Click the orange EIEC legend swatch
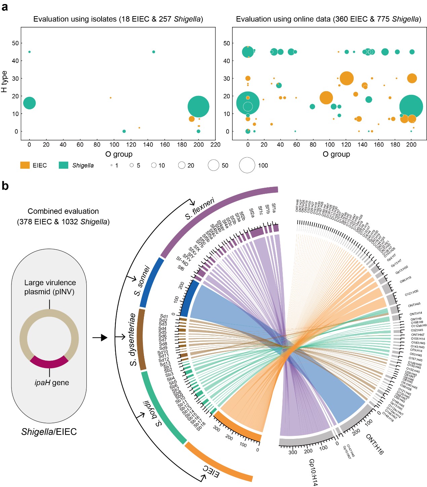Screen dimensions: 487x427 25,165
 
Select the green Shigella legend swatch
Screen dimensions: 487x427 64,165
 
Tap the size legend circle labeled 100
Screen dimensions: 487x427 247,165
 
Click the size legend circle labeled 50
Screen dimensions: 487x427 213,165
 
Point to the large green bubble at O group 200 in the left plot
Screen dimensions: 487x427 198,107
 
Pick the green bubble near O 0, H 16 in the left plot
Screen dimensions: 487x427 30,103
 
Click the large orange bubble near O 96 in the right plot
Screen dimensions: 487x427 326,98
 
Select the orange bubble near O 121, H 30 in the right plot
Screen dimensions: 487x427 347,78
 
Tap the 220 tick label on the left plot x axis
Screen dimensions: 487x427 216,145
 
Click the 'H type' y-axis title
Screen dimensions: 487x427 4,82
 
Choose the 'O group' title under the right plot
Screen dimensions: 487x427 336,154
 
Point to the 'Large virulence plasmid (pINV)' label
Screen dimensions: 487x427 50,287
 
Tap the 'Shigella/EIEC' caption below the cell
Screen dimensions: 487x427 49,432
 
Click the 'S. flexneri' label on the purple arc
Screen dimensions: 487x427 200,209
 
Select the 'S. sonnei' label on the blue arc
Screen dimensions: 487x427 142,280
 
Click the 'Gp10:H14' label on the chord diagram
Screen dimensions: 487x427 313,472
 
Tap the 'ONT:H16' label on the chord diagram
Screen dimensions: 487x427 375,444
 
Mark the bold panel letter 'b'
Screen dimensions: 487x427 5,186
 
